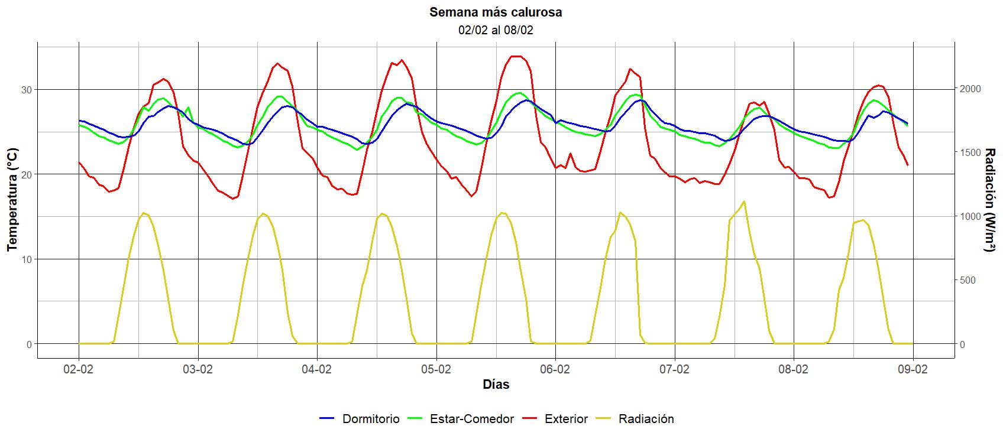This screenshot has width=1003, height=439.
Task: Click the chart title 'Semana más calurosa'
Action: coord(496,12)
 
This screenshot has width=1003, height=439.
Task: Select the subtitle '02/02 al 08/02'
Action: coord(496,30)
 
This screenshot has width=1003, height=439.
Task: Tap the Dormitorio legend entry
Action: coord(360,419)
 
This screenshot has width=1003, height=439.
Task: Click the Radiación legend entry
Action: coord(635,419)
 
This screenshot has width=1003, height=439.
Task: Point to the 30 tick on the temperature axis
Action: coord(27,89)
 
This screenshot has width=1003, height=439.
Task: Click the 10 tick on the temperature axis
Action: coord(27,259)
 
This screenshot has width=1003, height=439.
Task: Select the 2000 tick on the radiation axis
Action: coord(970,89)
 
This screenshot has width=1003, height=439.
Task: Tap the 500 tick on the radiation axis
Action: coord(968,280)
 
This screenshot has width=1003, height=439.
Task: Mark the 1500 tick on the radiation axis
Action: coord(970,152)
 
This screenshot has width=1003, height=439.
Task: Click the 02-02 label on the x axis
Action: coord(79,370)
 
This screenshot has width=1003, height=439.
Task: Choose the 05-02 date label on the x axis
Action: coord(436,370)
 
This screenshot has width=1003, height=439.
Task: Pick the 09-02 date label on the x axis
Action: coord(913,370)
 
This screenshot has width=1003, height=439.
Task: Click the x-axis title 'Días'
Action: coord(496,385)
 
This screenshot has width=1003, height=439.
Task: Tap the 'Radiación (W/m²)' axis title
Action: coord(989,200)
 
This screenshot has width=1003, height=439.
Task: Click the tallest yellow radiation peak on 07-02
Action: coord(743,201)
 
